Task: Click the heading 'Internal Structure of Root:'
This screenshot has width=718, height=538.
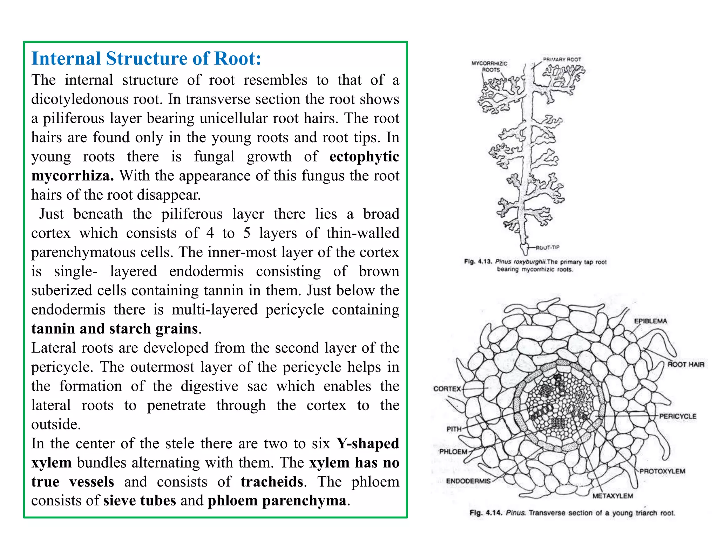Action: coord(146,58)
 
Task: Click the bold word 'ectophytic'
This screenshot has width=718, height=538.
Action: coord(364,157)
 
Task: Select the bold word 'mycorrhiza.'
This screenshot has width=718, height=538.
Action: coord(73,175)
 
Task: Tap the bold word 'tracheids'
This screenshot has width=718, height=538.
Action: coord(272,482)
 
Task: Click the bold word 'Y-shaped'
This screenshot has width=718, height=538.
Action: coord(368,443)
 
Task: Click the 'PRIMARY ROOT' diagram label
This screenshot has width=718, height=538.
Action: coord(562,59)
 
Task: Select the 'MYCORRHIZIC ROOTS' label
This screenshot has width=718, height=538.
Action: coord(490,67)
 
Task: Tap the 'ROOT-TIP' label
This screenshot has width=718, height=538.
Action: coord(548,248)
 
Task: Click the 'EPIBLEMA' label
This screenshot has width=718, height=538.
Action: coord(650,321)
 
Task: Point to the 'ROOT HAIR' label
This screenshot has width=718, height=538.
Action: coord(686,365)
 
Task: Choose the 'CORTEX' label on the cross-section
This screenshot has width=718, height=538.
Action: coord(447,389)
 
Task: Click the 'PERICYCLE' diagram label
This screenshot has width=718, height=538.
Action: coord(678,416)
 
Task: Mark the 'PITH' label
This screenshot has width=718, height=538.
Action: coord(454,429)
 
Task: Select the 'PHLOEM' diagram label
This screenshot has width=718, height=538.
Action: coord(453,451)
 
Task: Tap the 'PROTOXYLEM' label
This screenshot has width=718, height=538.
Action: coord(662,471)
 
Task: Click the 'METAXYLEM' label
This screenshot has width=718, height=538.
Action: coord(613,496)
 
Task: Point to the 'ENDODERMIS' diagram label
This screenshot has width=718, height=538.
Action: coord(468,481)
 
